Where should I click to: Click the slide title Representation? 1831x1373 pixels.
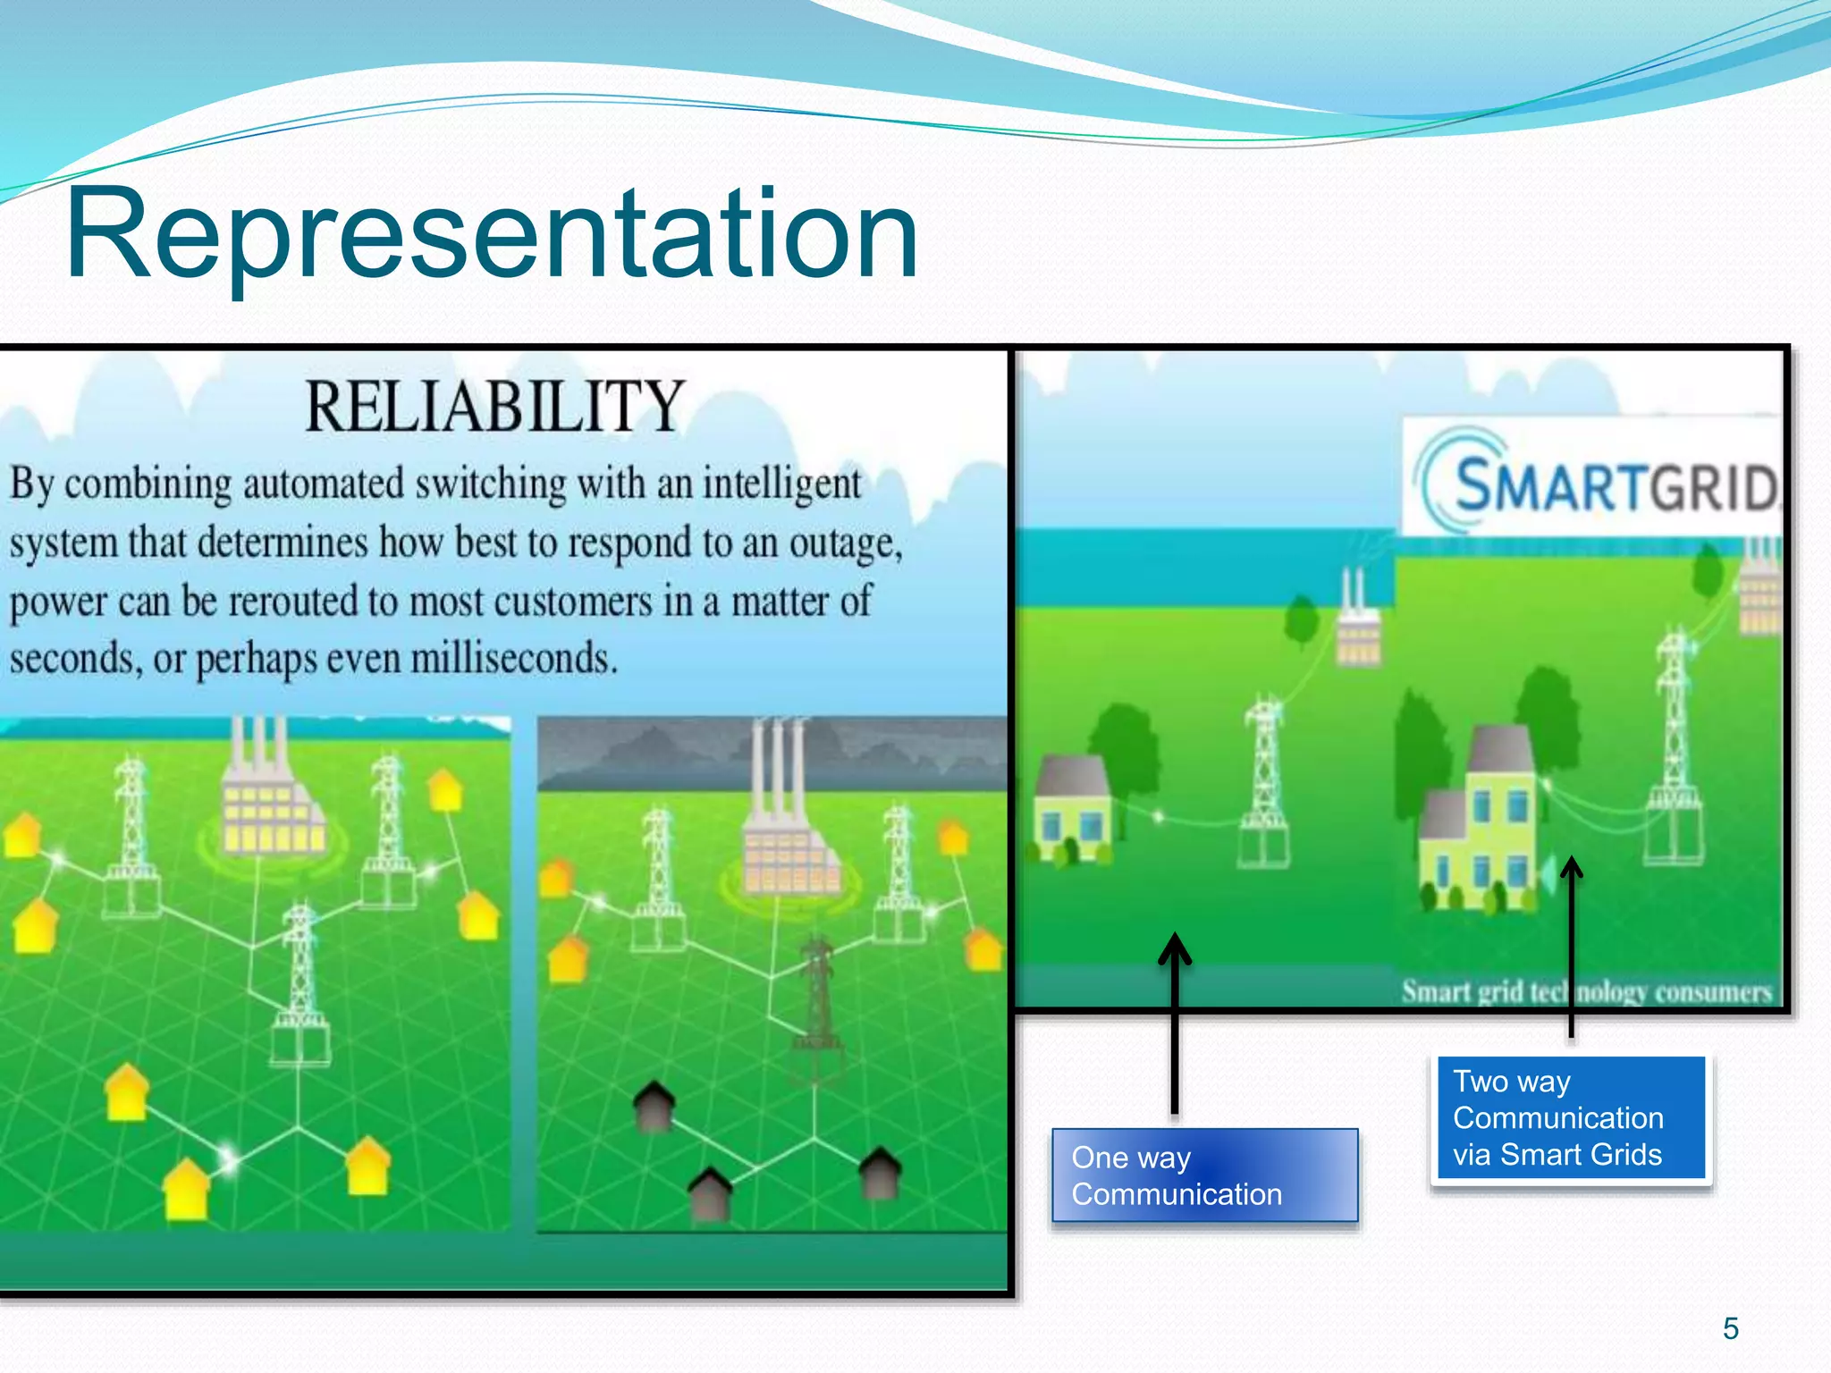[x=492, y=234]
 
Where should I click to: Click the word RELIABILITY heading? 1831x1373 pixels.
[x=494, y=408]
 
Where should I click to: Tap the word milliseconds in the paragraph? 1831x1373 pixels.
[x=514, y=659]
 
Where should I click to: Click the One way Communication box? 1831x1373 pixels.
[x=1204, y=1175]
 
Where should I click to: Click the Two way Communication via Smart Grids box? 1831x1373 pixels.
[x=1571, y=1118]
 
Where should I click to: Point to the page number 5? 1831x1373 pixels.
[x=1730, y=1328]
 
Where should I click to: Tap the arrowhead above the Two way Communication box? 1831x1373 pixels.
[x=1571, y=867]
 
